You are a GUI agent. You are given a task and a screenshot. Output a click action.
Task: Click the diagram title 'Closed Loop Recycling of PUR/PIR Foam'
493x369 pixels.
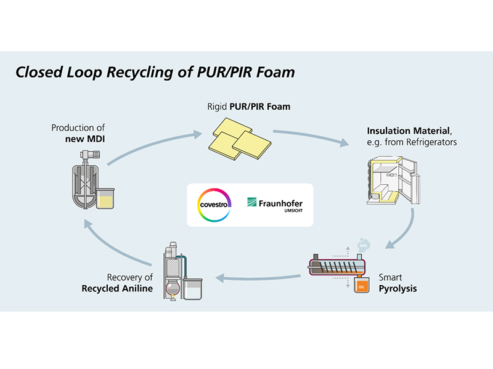[155, 73]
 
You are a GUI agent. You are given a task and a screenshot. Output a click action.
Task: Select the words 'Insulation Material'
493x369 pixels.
[404, 131]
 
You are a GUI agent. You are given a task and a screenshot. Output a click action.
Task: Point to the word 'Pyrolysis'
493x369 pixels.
[397, 288]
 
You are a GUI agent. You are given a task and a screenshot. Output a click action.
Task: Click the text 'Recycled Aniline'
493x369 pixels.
[117, 288]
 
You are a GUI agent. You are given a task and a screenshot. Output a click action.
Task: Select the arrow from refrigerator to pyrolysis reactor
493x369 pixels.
[404, 231]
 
